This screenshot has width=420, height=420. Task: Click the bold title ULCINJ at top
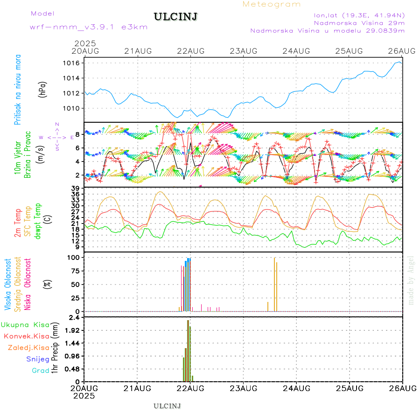coord(175,17)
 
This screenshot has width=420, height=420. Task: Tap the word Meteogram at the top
coord(272,4)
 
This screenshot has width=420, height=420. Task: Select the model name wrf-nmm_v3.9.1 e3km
coord(89,27)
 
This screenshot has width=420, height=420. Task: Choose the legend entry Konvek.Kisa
coord(26,336)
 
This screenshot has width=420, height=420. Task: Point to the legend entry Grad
coord(41,371)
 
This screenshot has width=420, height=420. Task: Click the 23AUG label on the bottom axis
coord(243,388)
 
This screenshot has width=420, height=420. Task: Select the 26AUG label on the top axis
coord(402,50)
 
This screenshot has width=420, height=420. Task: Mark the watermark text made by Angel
coord(411,280)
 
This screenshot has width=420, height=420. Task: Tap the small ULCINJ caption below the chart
coord(167,406)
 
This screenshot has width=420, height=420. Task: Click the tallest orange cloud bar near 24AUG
coord(275,284)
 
